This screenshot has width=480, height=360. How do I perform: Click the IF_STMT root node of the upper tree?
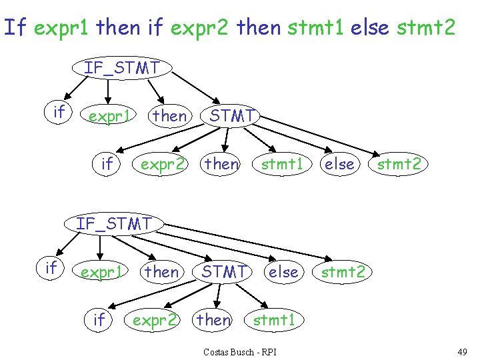(x=122, y=67)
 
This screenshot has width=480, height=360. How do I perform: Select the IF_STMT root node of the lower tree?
(x=114, y=223)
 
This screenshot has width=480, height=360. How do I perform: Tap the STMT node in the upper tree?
(x=231, y=116)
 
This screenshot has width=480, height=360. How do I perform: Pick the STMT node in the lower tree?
(x=224, y=271)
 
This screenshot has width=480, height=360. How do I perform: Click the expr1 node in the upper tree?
(x=109, y=116)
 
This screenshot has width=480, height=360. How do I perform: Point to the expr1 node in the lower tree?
(x=101, y=272)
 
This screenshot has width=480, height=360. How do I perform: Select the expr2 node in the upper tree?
(x=162, y=163)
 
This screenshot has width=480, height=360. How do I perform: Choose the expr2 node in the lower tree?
(x=155, y=321)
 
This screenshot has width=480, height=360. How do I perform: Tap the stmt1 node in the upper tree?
(x=282, y=163)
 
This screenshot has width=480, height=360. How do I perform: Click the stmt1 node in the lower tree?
(x=274, y=321)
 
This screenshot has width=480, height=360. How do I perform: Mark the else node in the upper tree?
(x=339, y=163)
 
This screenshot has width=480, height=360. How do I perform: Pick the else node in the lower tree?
(x=283, y=271)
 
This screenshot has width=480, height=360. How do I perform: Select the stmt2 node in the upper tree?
(x=399, y=163)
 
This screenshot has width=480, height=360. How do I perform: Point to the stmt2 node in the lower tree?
(x=343, y=271)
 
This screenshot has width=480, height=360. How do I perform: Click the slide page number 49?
(x=462, y=351)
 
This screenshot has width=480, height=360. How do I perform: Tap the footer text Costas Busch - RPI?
(x=240, y=351)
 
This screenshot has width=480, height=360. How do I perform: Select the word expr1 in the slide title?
(x=63, y=27)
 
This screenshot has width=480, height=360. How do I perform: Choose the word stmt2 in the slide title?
(x=426, y=27)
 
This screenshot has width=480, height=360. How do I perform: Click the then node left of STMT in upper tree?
(x=170, y=116)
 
